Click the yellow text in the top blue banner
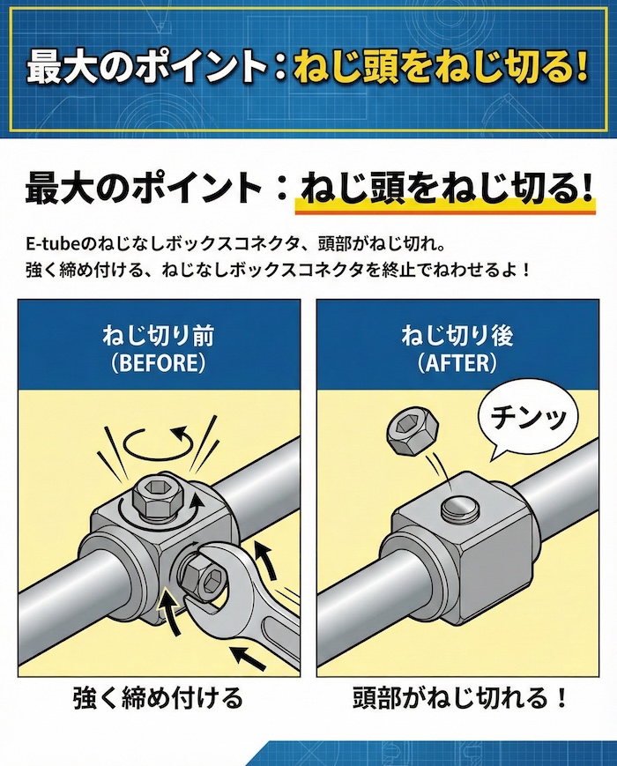[x=441, y=69]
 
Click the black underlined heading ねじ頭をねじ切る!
[x=445, y=188]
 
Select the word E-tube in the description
[x=48, y=242]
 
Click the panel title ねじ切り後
[x=457, y=336]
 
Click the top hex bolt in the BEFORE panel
[x=155, y=501]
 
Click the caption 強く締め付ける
[x=158, y=699]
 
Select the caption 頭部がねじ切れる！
[x=457, y=699]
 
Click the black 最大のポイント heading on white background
[x=141, y=188]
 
